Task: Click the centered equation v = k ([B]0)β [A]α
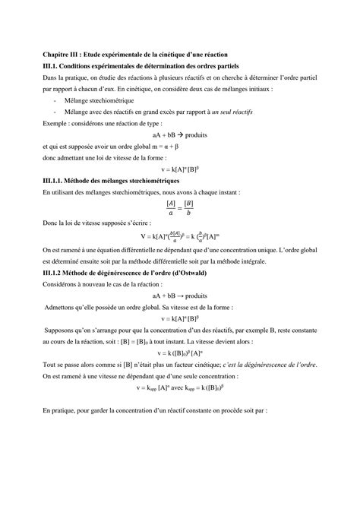(179, 353)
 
